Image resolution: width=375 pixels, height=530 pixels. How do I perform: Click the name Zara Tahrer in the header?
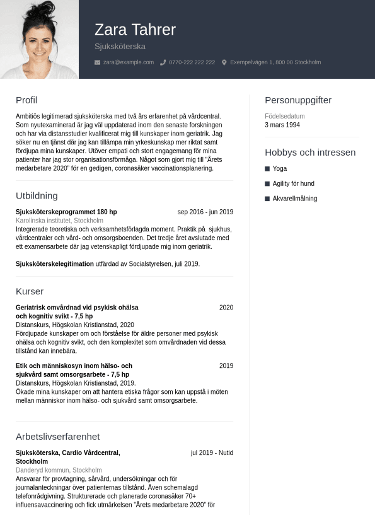click(x=135, y=30)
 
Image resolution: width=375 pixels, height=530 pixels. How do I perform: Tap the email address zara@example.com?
click(x=129, y=62)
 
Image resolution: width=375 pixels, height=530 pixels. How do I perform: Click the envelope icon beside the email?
click(x=97, y=62)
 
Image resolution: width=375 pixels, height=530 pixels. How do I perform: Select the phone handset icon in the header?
click(x=163, y=62)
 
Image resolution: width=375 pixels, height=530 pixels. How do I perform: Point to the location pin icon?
click(x=224, y=62)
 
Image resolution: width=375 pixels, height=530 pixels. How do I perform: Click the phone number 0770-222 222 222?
click(x=192, y=62)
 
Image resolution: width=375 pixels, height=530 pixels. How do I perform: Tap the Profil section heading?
click(x=26, y=100)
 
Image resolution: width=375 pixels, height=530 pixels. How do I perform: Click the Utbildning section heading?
click(x=37, y=196)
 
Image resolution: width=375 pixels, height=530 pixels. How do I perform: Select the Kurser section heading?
click(x=30, y=292)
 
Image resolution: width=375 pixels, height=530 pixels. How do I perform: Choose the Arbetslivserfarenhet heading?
click(x=57, y=437)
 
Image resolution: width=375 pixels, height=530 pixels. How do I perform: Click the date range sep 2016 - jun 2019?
click(x=205, y=212)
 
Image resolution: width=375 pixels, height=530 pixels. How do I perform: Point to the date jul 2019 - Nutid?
click(x=212, y=453)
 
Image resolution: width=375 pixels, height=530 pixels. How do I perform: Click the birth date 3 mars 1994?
click(x=282, y=125)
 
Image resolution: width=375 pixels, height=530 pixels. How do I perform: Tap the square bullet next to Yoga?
click(x=267, y=169)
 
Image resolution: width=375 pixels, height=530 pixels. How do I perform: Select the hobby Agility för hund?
click(x=293, y=184)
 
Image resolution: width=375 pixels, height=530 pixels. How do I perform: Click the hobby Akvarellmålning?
click(x=295, y=199)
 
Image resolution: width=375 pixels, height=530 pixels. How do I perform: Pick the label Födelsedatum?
click(x=285, y=117)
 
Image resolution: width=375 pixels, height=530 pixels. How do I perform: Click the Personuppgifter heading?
click(x=298, y=100)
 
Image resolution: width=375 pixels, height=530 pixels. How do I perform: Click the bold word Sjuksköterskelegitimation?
click(x=55, y=264)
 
